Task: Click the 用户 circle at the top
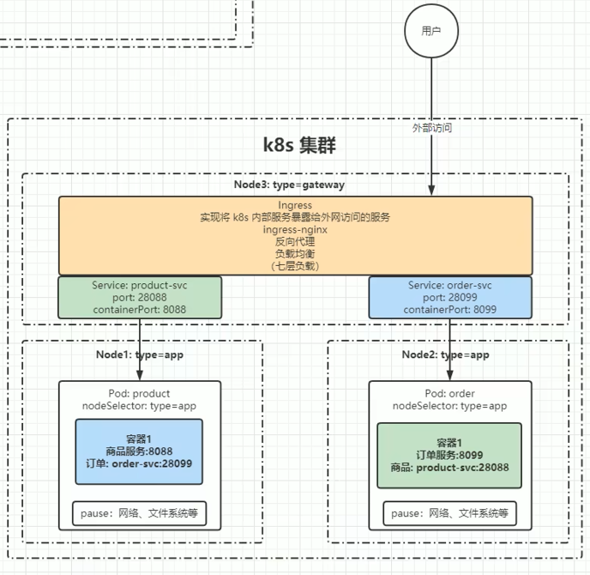point(430,31)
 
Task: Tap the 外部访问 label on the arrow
point(431,128)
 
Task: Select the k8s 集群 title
point(298,145)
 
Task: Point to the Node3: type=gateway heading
point(295,185)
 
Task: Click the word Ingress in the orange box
point(295,206)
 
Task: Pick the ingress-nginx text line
point(295,230)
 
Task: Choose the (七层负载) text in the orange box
point(295,266)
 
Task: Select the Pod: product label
point(141,393)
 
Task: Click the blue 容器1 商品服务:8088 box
point(140,451)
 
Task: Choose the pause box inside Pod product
point(140,513)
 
